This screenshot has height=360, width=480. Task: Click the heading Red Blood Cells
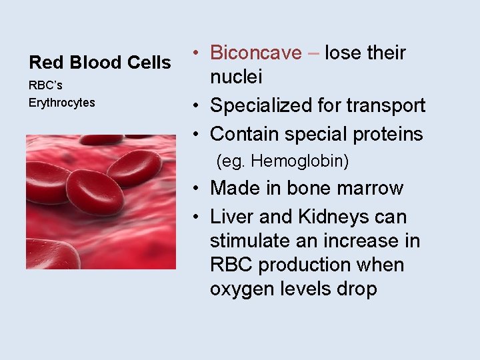point(100,63)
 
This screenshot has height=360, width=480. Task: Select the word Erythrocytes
point(61,103)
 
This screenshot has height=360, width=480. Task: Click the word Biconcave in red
point(255,53)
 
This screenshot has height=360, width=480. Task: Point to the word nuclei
point(236,77)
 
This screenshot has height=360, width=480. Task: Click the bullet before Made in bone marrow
point(198,189)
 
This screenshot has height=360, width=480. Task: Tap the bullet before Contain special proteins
point(198,134)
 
